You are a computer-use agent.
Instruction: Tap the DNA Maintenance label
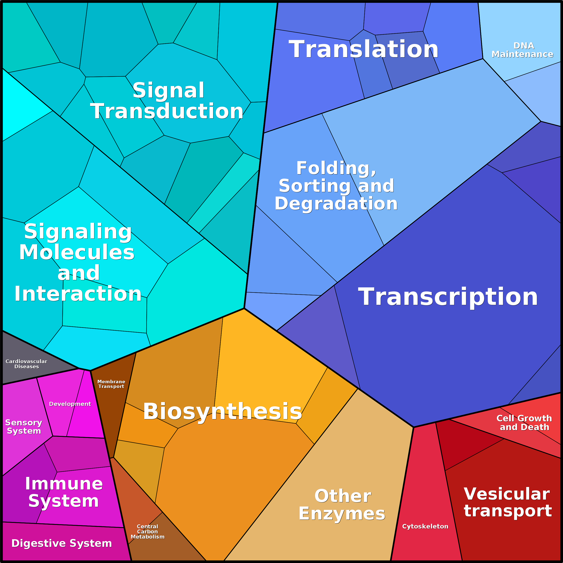pyautogui.click(x=522, y=50)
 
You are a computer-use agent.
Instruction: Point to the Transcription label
pyautogui.click(x=448, y=297)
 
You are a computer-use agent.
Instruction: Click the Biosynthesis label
pyautogui.click(x=222, y=411)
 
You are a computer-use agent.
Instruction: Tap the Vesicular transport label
pyautogui.click(x=508, y=502)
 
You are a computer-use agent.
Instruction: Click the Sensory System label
pyautogui.click(x=24, y=427)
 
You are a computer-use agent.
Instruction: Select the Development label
pyautogui.click(x=70, y=404)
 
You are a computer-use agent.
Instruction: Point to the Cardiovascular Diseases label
pyautogui.click(x=26, y=364)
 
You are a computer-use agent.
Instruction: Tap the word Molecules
pyautogui.click(x=77, y=252)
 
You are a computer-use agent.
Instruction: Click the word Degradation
pyautogui.click(x=336, y=204)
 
